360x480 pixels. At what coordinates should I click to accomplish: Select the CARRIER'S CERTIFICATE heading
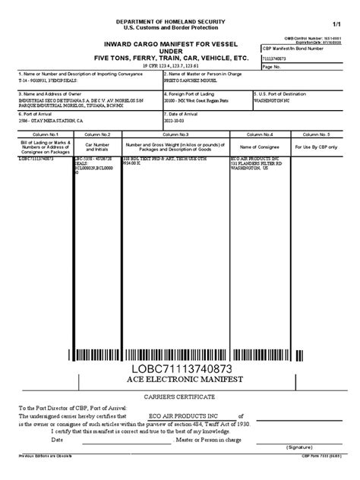pos(179,399)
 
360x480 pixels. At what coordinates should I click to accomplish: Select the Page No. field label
pos(271,66)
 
